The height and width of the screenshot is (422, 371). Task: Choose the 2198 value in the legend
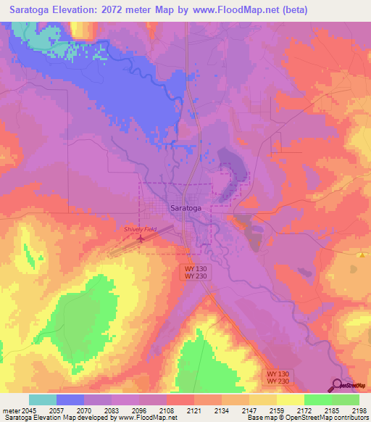point(359,410)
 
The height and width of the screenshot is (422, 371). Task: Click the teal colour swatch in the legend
point(43,400)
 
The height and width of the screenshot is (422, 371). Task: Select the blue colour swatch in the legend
point(70,400)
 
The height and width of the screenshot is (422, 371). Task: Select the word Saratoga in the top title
point(32,10)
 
